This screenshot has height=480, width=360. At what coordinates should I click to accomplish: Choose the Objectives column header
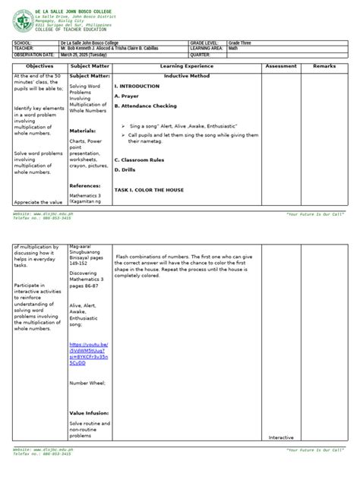coord(38,67)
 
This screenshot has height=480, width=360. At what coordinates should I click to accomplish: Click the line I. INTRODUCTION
coord(137,87)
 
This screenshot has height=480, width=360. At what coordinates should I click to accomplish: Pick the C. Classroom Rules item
coord(140,160)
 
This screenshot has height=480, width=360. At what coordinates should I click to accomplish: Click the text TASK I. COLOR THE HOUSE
coord(149,190)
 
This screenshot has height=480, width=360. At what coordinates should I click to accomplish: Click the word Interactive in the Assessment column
coord(280,437)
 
